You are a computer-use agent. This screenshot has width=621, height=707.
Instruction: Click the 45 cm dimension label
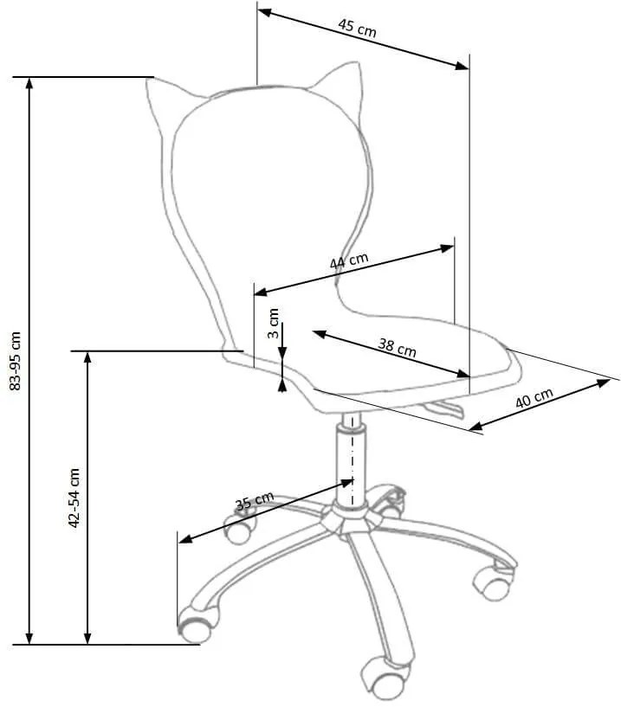coord(357,28)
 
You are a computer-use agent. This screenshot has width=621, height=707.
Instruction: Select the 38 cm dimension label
coord(397,347)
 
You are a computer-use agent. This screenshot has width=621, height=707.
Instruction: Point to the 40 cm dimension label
coord(534,398)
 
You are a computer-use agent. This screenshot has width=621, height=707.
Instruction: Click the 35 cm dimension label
coord(255,500)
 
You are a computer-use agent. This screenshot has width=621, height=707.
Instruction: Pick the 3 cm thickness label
coord(274,323)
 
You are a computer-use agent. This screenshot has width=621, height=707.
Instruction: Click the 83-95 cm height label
coord(15,361)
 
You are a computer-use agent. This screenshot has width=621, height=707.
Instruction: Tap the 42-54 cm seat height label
coord(74,498)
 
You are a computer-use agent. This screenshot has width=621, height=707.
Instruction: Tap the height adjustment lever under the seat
coord(444,408)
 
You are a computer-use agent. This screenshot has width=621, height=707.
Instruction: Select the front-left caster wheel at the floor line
coord(197,625)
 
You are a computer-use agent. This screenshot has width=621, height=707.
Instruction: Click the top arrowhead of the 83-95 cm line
coord(29,83)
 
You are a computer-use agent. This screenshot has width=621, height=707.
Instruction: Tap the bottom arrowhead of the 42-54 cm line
coord(87,638)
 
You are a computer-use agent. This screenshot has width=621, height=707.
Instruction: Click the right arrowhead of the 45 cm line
coord(463,67)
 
